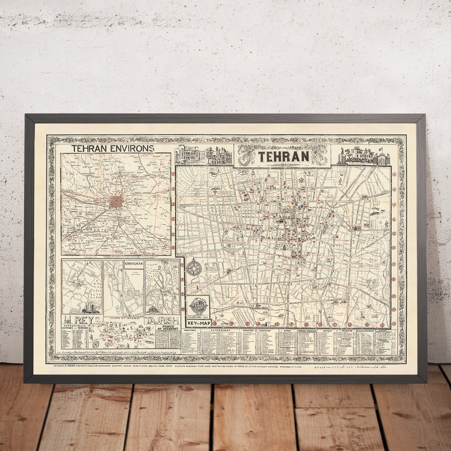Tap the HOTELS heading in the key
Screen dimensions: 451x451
[326, 330]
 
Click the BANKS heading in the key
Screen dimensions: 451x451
[287, 330]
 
